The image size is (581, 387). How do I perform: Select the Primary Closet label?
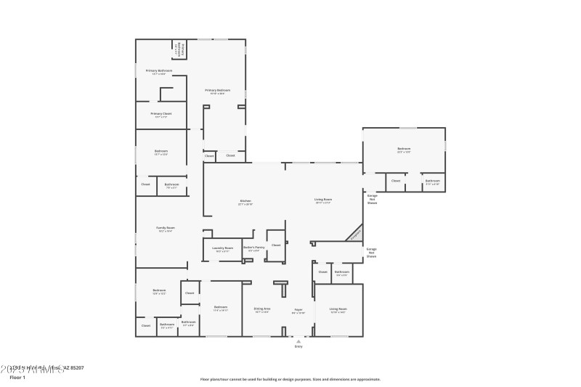pyautogui.click(x=161, y=114)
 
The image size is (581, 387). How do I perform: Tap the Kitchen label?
pyautogui.click(x=245, y=201)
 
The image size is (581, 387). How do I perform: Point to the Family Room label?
pyautogui.click(x=166, y=228)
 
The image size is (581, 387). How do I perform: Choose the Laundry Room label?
pyautogui.click(x=223, y=248)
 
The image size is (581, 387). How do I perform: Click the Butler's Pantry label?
pyautogui.click(x=253, y=248)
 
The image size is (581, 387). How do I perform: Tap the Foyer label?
pyautogui.click(x=298, y=310)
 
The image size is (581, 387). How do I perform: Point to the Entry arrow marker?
pyautogui.click(x=298, y=340)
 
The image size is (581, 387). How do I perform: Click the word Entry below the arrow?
pyautogui.click(x=298, y=346)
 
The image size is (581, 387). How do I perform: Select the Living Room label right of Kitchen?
pyautogui.click(x=323, y=200)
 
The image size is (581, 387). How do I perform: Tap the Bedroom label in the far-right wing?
pyautogui.click(x=404, y=149)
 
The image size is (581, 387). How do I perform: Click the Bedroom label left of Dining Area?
pyautogui.click(x=221, y=307)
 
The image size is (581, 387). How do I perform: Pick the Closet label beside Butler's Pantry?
pyautogui.click(x=276, y=245)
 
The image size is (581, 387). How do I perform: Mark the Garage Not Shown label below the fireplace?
pyautogui.click(x=371, y=252)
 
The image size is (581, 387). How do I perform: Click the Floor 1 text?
pyautogui.click(x=17, y=378)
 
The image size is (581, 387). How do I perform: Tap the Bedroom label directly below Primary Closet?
pyautogui.click(x=161, y=152)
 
